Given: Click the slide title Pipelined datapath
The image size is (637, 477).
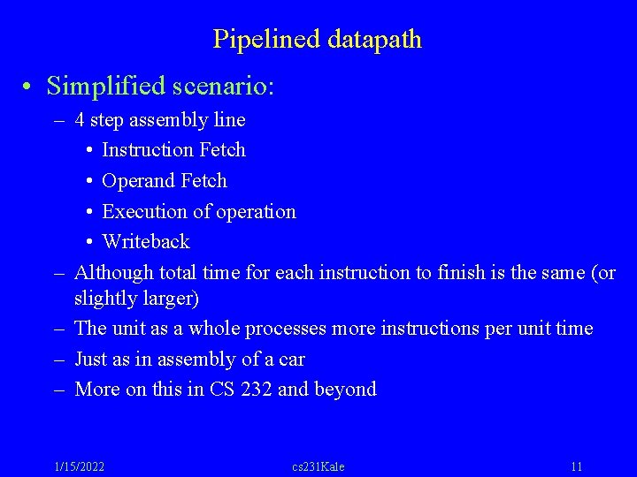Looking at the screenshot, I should [318, 40].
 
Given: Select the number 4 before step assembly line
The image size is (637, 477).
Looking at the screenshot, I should [81, 119].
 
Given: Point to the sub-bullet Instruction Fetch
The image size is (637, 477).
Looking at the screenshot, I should [173, 150].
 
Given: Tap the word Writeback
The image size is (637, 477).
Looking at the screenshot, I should [146, 241].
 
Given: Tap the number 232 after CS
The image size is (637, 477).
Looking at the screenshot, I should [254, 390].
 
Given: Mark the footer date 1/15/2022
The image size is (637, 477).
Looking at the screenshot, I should [79, 466].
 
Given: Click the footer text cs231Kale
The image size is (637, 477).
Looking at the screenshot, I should [318, 466].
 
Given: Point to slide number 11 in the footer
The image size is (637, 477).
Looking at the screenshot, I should [577, 466].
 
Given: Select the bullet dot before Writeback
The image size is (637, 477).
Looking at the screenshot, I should [92, 242].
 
